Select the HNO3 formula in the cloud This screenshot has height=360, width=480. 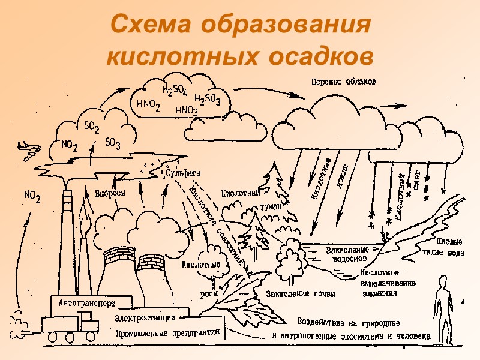187,110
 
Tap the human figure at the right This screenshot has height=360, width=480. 442,306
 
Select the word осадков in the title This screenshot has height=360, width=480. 314,56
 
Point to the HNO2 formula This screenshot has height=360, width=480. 148,104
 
